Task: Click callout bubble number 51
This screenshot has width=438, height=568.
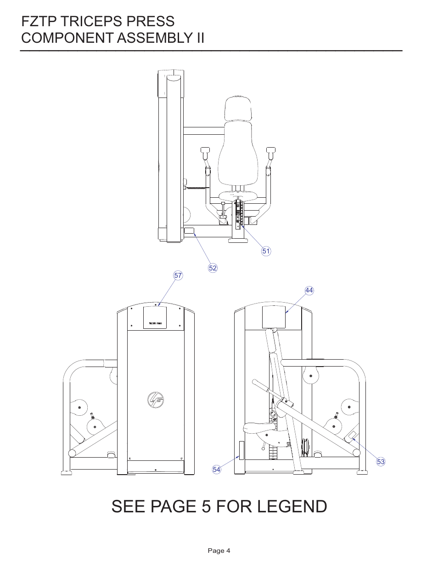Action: point(266,251)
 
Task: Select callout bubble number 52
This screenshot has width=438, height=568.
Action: point(213,268)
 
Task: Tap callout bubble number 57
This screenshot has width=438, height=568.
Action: point(178,275)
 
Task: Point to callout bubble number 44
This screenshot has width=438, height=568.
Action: point(309,290)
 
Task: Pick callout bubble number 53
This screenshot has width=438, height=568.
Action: point(381,462)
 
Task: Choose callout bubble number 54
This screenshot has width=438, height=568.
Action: point(217,470)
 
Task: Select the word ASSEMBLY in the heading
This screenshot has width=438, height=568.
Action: point(151,38)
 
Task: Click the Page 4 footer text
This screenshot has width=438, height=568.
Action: point(219,551)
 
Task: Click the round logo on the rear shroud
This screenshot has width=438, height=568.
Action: point(156,400)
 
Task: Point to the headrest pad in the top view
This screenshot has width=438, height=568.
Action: point(238,109)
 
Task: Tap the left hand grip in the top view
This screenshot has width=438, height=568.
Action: point(205,150)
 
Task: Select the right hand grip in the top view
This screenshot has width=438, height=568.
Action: point(271,150)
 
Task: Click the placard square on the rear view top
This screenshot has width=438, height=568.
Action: point(155,317)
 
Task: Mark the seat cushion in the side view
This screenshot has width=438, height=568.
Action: point(262,429)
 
